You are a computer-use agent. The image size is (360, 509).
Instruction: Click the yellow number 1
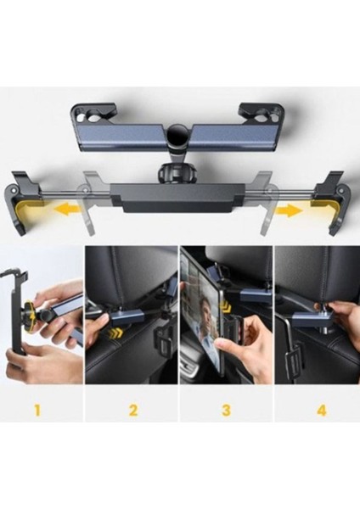click(x=37, y=411)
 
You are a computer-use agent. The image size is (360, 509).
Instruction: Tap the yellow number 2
click(x=133, y=411)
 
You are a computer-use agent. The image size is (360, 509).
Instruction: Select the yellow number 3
click(x=226, y=411)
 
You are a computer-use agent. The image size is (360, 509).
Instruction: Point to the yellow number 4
click(x=321, y=411)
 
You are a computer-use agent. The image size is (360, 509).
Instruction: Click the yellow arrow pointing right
click(x=290, y=212)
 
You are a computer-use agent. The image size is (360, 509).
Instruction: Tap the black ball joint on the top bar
click(x=177, y=135)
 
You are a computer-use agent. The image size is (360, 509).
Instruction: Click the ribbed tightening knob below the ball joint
click(x=176, y=175)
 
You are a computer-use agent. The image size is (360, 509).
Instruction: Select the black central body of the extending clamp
click(x=177, y=198)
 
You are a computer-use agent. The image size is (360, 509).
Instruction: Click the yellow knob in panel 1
click(x=30, y=310)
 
